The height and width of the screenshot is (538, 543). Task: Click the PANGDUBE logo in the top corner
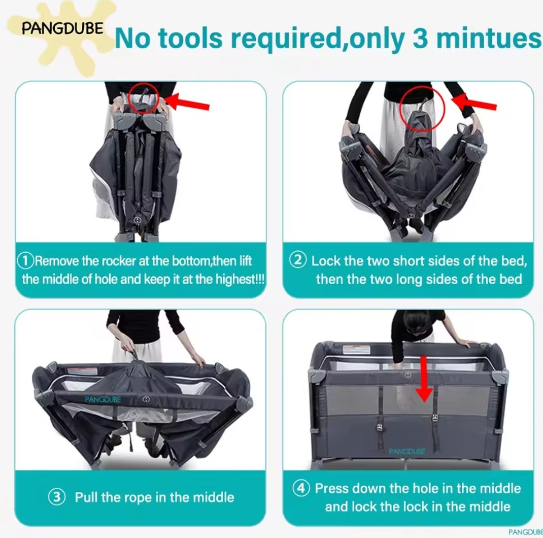[x=62, y=28]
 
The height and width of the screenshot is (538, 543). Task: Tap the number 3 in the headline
[x=420, y=38]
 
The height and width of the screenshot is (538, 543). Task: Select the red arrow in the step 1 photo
[x=187, y=102]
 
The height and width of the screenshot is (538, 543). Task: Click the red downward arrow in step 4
[x=424, y=379]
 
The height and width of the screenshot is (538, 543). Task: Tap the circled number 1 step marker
[x=25, y=260]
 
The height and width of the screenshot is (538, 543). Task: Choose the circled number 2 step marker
[x=298, y=260]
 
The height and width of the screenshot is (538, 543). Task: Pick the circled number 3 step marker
[x=57, y=497]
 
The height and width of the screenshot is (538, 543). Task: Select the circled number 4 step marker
[x=301, y=488]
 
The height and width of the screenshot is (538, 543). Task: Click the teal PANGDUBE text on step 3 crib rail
[x=103, y=399]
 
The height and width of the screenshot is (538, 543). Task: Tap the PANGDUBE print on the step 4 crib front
[x=407, y=451]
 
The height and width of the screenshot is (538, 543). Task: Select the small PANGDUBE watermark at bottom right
[x=526, y=532]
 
